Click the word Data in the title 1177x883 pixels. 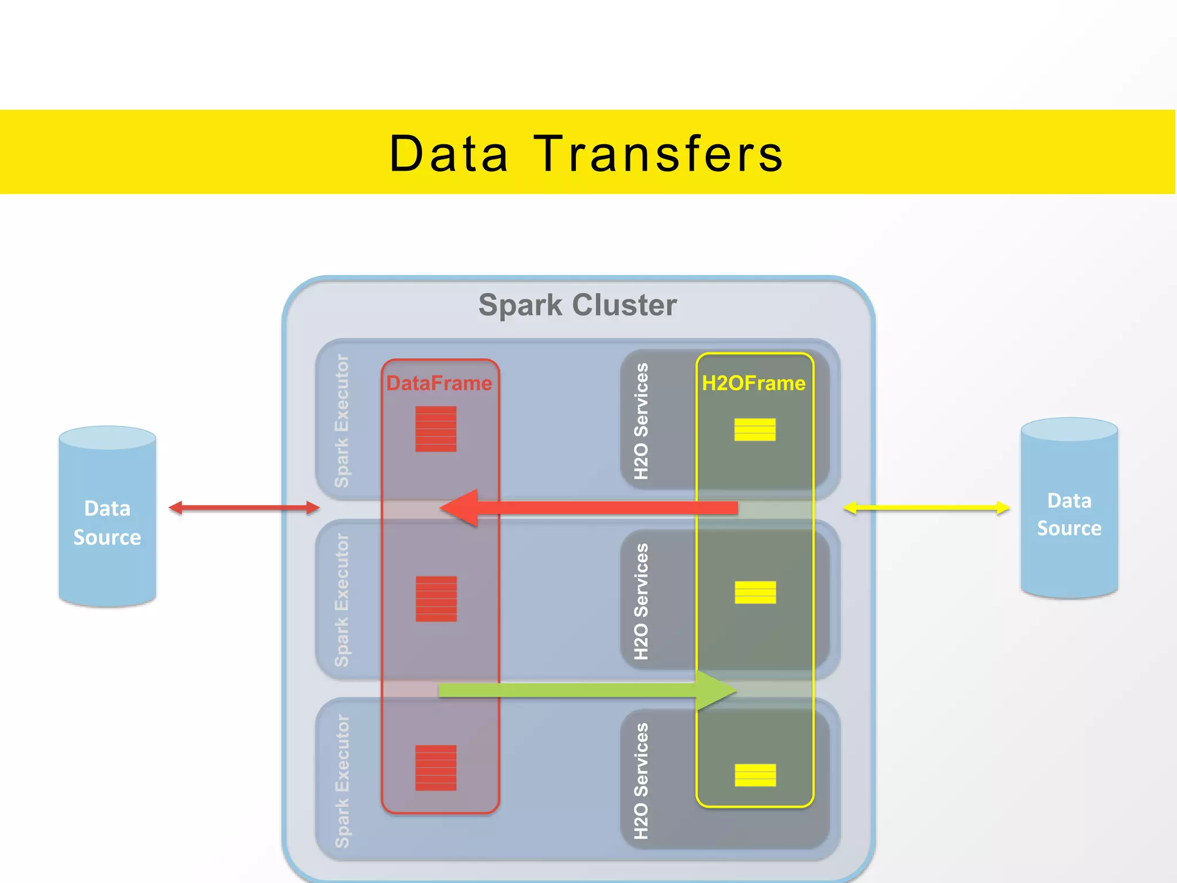[449, 154]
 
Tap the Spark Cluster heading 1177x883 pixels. [578, 305]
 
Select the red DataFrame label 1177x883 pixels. [439, 383]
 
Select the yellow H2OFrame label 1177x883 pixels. [753, 383]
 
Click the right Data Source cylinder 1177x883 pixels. [1069, 514]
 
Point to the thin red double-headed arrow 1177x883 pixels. [244, 508]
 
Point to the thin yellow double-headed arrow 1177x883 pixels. [926, 508]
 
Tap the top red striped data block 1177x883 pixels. [436, 429]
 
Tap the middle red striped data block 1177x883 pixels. [436, 598]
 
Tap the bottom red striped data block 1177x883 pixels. [436, 768]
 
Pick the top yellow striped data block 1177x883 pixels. [755, 429]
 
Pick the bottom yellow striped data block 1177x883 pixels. [755, 775]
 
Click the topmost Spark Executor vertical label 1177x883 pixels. [342, 421]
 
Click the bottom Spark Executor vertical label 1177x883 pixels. [342, 781]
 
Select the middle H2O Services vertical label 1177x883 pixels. [641, 601]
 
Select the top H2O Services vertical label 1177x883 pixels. [641, 421]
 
